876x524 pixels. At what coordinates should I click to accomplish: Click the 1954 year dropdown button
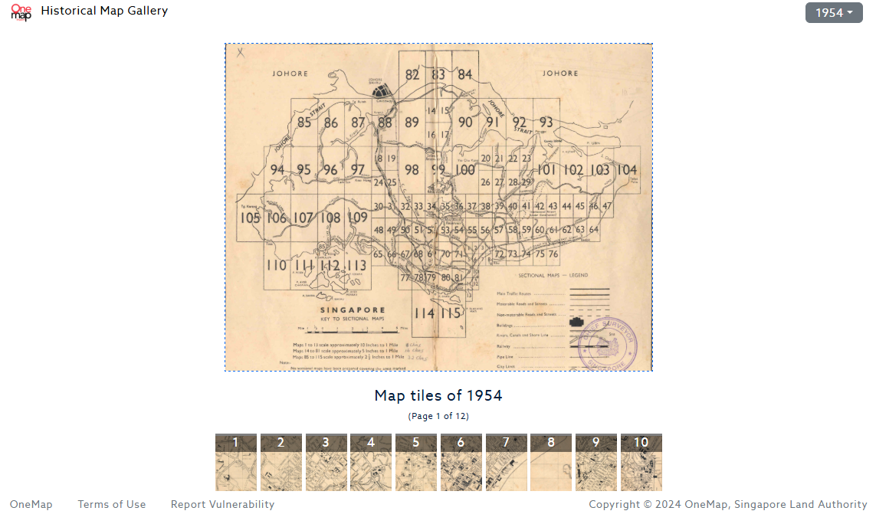click(x=834, y=13)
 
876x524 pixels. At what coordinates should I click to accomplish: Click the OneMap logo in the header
click(x=21, y=12)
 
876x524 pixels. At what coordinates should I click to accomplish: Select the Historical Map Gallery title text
click(x=104, y=11)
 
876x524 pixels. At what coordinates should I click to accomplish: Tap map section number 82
click(x=412, y=74)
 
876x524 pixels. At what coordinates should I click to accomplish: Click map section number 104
click(x=626, y=170)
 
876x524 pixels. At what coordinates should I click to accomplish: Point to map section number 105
click(x=250, y=218)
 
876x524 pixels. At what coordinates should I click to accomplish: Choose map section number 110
click(x=276, y=266)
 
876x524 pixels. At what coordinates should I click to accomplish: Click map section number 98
click(x=412, y=170)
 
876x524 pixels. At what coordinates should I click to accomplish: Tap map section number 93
click(x=546, y=123)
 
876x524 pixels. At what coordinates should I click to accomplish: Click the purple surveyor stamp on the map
click(x=608, y=344)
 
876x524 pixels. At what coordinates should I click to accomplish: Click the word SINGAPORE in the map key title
click(x=352, y=309)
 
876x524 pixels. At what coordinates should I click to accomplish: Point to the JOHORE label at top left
click(x=290, y=74)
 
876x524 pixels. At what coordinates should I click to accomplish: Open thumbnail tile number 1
click(x=236, y=462)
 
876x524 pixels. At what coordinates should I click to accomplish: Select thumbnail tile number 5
click(x=416, y=462)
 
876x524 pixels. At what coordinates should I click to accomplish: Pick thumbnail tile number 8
click(x=551, y=462)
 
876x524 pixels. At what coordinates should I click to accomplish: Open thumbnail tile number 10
click(x=641, y=462)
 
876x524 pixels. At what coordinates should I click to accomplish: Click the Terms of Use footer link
click(x=112, y=504)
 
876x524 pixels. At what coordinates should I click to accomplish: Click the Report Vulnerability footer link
click(x=222, y=504)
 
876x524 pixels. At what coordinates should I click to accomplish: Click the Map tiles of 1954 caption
click(x=438, y=396)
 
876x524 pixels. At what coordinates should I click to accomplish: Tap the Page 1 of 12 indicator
click(x=438, y=416)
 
